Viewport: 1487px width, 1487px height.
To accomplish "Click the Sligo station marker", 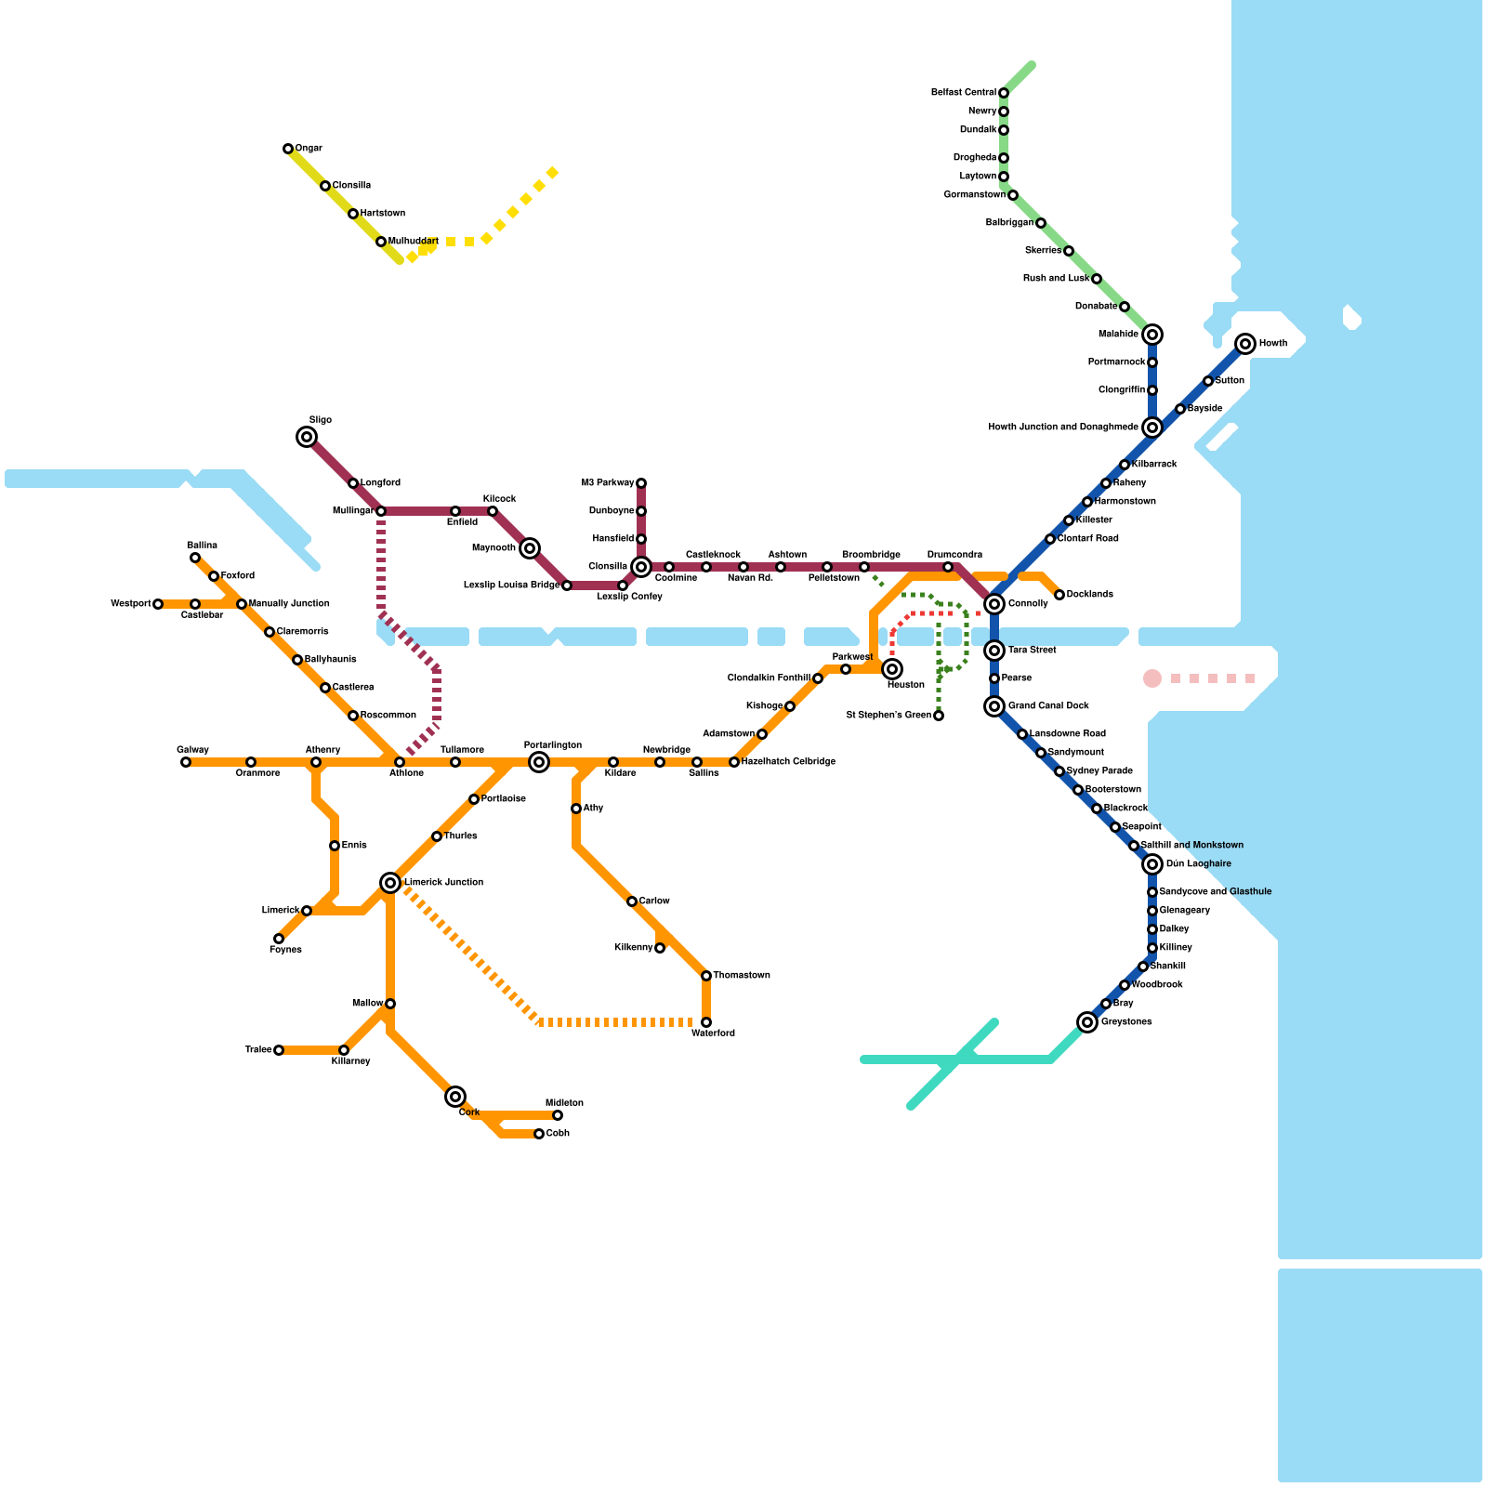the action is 307,437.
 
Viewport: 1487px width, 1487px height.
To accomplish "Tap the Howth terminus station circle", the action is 1245,344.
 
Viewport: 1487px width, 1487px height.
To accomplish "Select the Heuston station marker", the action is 892,669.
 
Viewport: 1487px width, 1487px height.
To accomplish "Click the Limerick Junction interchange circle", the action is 390,883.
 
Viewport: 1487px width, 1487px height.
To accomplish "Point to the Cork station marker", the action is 455,1097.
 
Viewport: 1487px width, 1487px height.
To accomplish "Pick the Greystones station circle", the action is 1087,1022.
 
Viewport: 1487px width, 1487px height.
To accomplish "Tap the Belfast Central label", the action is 964,93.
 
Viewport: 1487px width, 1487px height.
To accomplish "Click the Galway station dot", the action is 186,762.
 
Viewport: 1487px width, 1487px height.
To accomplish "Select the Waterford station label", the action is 713,1033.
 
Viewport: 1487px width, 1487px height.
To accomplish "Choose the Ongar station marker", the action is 288,149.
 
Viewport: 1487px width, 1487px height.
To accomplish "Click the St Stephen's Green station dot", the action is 939,716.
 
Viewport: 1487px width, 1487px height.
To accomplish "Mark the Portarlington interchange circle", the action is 539,762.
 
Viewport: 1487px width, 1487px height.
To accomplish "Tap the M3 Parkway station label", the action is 607,483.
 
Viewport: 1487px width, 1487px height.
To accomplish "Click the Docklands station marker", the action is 1059,595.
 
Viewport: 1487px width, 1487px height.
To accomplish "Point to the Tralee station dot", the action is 279,1050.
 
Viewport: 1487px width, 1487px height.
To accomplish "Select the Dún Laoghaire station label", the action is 1199,864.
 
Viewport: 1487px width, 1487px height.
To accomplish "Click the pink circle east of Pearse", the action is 1152,678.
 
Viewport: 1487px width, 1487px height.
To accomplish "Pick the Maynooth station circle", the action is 530,548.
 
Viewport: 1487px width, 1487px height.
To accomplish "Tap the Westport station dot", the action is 158,604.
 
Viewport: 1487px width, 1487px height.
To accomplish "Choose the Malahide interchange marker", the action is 1152,335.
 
